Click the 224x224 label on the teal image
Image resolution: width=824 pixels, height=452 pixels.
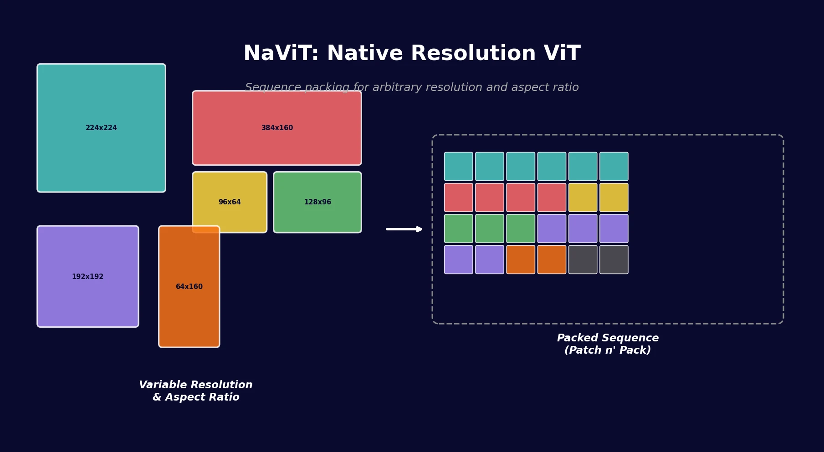point(101,128)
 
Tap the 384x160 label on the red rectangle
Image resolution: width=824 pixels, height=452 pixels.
point(277,128)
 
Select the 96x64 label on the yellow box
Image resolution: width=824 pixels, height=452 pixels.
point(230,202)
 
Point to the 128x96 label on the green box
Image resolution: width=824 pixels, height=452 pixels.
point(317,202)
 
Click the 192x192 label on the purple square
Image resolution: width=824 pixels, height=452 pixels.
point(87,277)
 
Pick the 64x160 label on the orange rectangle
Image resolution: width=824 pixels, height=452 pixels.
point(189,287)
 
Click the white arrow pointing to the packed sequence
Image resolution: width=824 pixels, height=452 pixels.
point(404,229)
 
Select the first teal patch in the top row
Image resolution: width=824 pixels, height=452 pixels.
point(458,167)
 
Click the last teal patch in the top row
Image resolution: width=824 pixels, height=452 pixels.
point(614,167)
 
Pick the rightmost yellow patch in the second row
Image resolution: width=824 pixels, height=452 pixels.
point(614,198)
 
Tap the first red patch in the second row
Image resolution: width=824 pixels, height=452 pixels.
point(458,198)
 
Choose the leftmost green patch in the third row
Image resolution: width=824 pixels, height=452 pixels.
point(458,229)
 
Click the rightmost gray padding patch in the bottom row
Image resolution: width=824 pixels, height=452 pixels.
point(614,259)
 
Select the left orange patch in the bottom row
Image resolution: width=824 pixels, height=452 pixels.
point(521,259)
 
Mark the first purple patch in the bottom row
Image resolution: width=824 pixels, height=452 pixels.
point(458,259)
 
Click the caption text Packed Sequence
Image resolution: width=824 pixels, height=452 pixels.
point(608,338)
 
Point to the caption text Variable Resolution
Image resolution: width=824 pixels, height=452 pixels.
point(195,385)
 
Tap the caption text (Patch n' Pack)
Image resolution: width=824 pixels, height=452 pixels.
point(608,350)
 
